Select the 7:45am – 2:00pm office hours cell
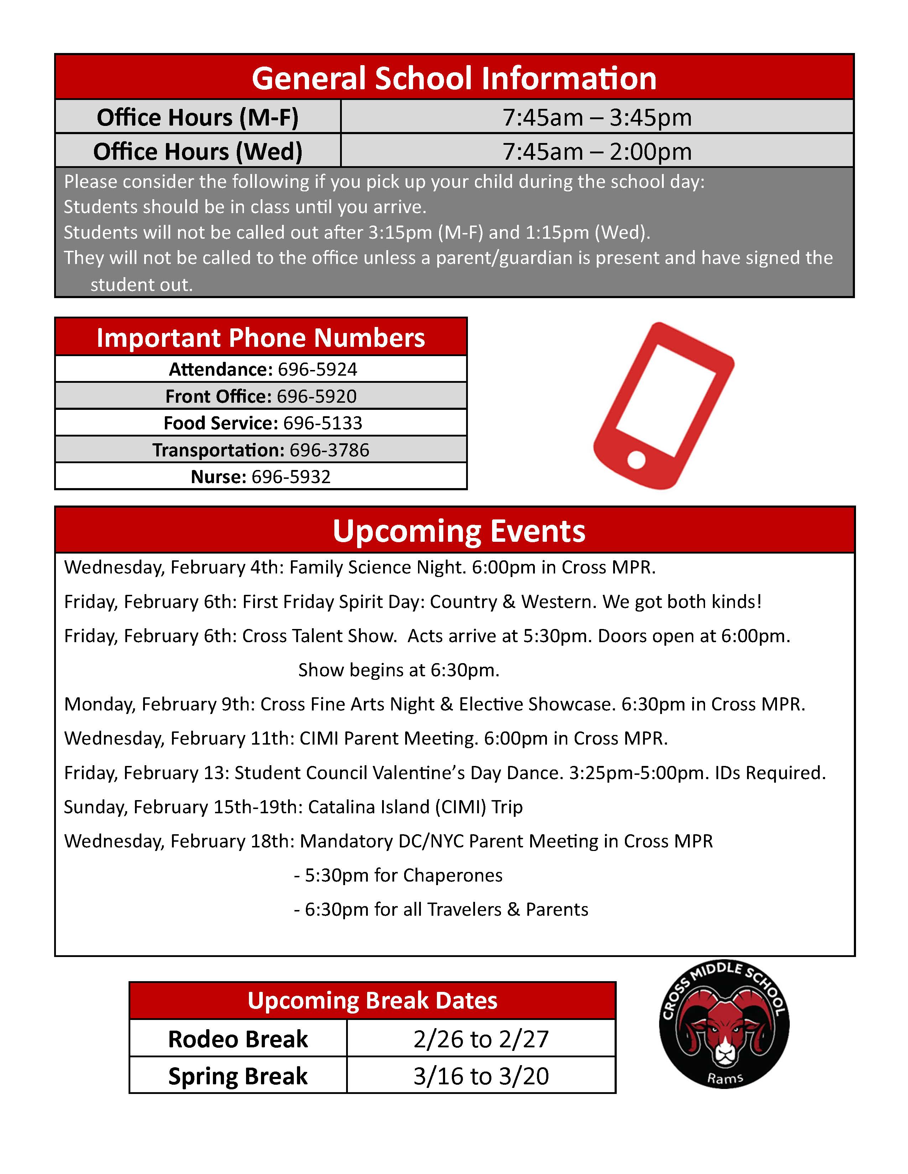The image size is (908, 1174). pos(597,152)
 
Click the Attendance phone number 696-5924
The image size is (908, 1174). pos(317,369)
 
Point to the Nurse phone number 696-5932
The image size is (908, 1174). pos(291,477)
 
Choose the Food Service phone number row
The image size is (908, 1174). pos(262,423)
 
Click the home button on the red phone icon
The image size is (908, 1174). pos(636,460)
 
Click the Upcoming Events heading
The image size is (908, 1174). pos(459,531)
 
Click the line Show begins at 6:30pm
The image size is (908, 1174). pos(398,670)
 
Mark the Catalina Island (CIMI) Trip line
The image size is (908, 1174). pos(293,807)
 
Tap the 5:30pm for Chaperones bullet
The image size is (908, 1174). pos(398,875)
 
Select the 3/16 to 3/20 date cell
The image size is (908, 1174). pos(481,1075)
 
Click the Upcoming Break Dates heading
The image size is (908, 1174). pos(372,1000)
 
